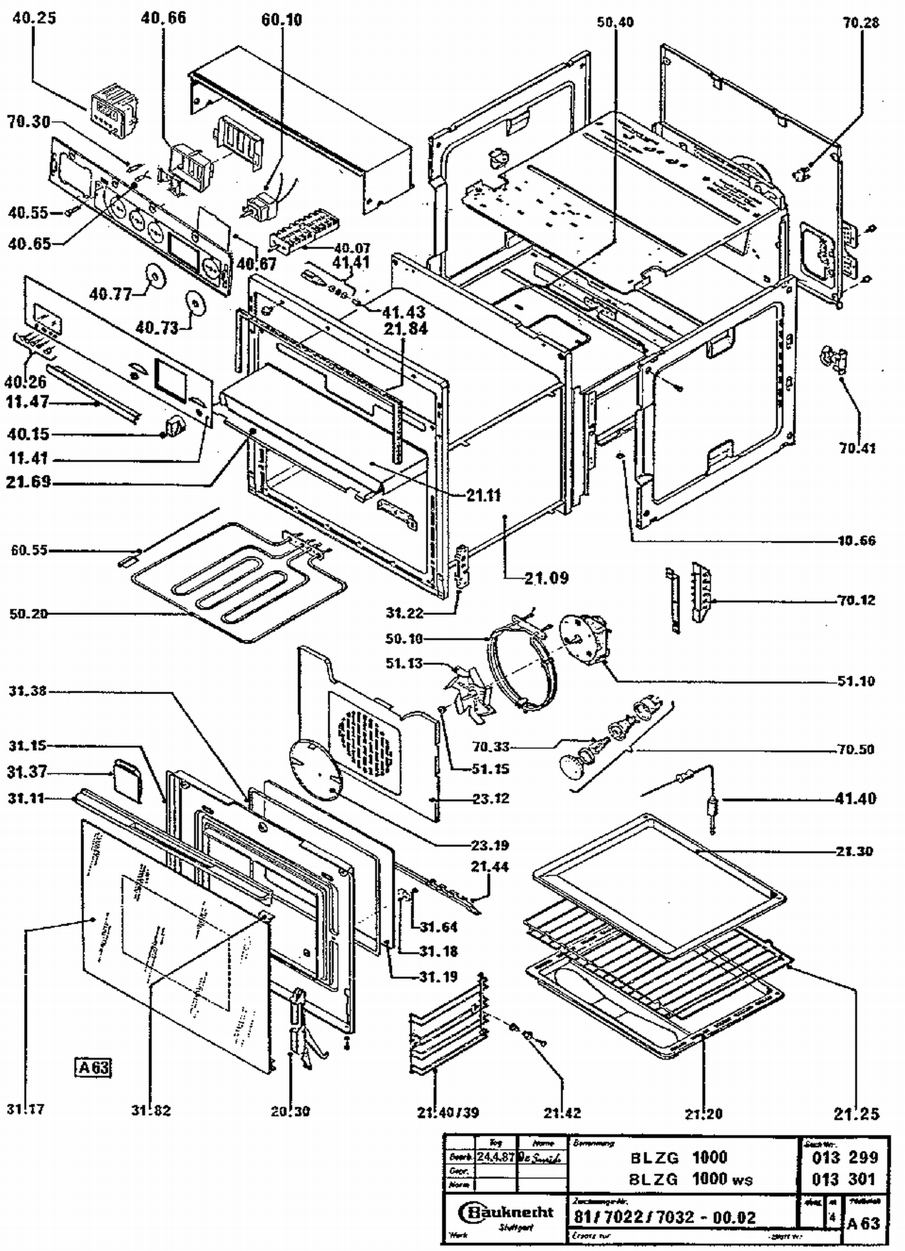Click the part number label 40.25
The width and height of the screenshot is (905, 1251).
(34, 18)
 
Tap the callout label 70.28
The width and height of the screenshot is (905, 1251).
(861, 23)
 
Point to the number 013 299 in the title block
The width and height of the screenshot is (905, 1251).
(843, 1157)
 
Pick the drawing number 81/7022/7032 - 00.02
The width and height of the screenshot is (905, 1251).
(664, 1217)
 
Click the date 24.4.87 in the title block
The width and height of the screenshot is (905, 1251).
(495, 1157)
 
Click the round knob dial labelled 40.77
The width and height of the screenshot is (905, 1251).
(156, 277)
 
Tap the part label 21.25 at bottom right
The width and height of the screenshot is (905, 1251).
(857, 1114)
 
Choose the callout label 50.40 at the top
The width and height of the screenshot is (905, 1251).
(615, 23)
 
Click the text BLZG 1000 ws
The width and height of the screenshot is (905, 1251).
(691, 1179)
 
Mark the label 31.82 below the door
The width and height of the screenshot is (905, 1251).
(151, 1110)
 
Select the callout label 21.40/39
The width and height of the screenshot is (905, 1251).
(448, 1112)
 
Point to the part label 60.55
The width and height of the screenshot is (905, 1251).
(29, 550)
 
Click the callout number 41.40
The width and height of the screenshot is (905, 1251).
(855, 798)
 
